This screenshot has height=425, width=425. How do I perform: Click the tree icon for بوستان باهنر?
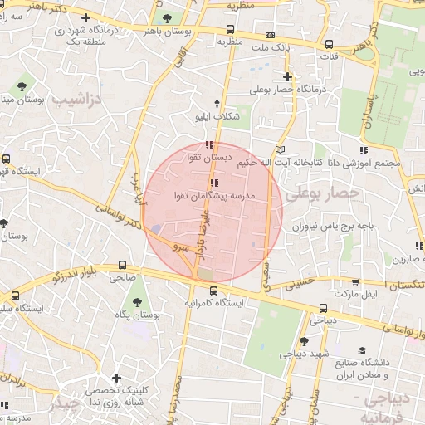[x=168, y=17]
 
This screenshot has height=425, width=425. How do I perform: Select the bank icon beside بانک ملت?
[x=270, y=36]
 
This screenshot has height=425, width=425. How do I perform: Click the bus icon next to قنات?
[x=330, y=45]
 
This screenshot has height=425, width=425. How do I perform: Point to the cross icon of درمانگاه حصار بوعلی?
[x=287, y=76]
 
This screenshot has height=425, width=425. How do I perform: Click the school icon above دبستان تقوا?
[x=208, y=146]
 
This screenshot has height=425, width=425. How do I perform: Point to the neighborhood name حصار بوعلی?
[x=324, y=193]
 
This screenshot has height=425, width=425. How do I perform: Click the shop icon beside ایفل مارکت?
[x=356, y=282]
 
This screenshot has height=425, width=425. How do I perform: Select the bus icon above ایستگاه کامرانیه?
[x=214, y=291]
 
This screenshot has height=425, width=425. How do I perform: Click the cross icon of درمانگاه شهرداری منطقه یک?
[x=86, y=18]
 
